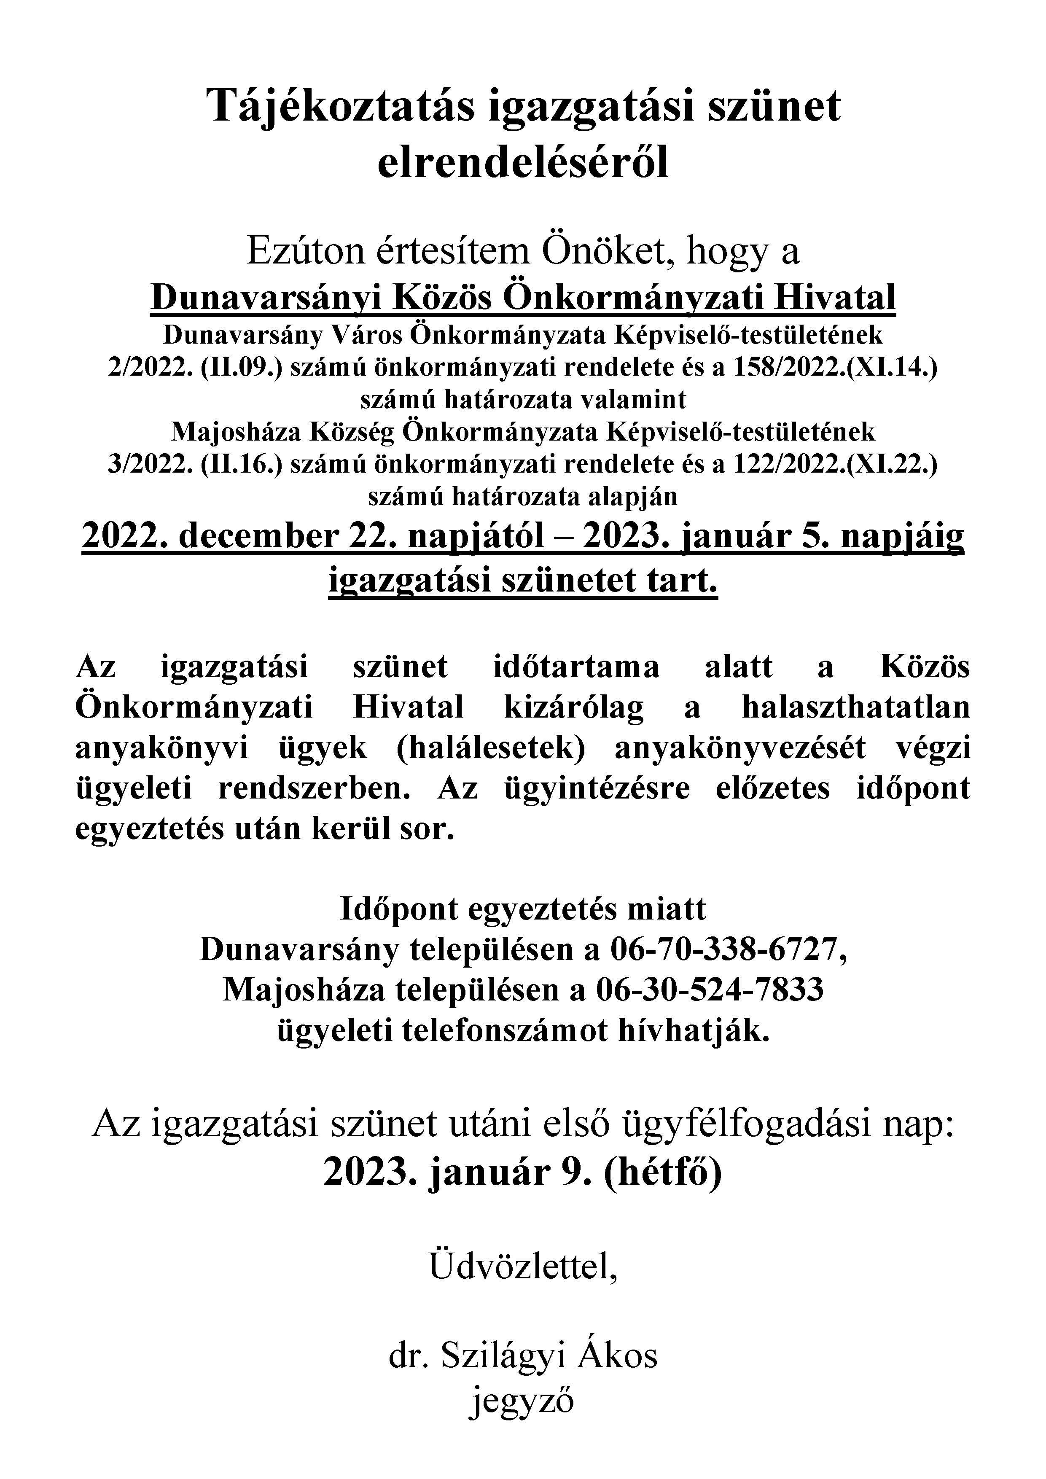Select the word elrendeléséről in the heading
click(522, 164)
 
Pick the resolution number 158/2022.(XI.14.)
click(835, 368)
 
